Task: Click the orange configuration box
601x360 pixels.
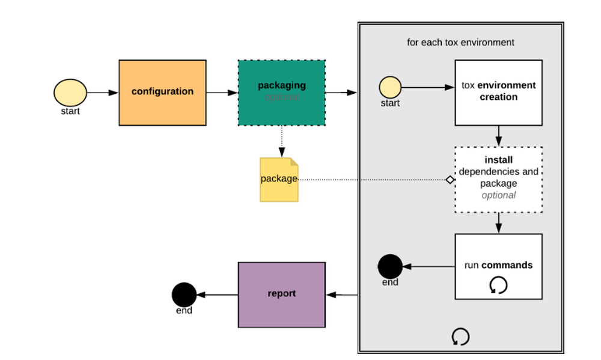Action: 162,93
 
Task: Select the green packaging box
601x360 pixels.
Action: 281,93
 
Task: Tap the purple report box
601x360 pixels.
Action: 281,294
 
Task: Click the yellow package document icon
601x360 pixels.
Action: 279,179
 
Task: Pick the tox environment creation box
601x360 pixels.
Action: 498,92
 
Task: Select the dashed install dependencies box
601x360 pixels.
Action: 499,179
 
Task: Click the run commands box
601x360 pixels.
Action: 498,266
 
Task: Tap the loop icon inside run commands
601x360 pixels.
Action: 498,285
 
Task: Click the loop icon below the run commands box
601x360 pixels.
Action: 460,337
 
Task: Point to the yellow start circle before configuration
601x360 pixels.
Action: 70,93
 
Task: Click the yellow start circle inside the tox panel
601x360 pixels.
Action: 390,88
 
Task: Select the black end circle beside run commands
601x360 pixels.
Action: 390,266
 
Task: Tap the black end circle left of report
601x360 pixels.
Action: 184,294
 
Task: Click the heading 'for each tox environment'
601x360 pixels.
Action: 460,43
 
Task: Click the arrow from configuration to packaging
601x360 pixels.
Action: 222,93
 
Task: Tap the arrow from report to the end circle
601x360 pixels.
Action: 218,294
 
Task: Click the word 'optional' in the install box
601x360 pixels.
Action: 499,195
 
